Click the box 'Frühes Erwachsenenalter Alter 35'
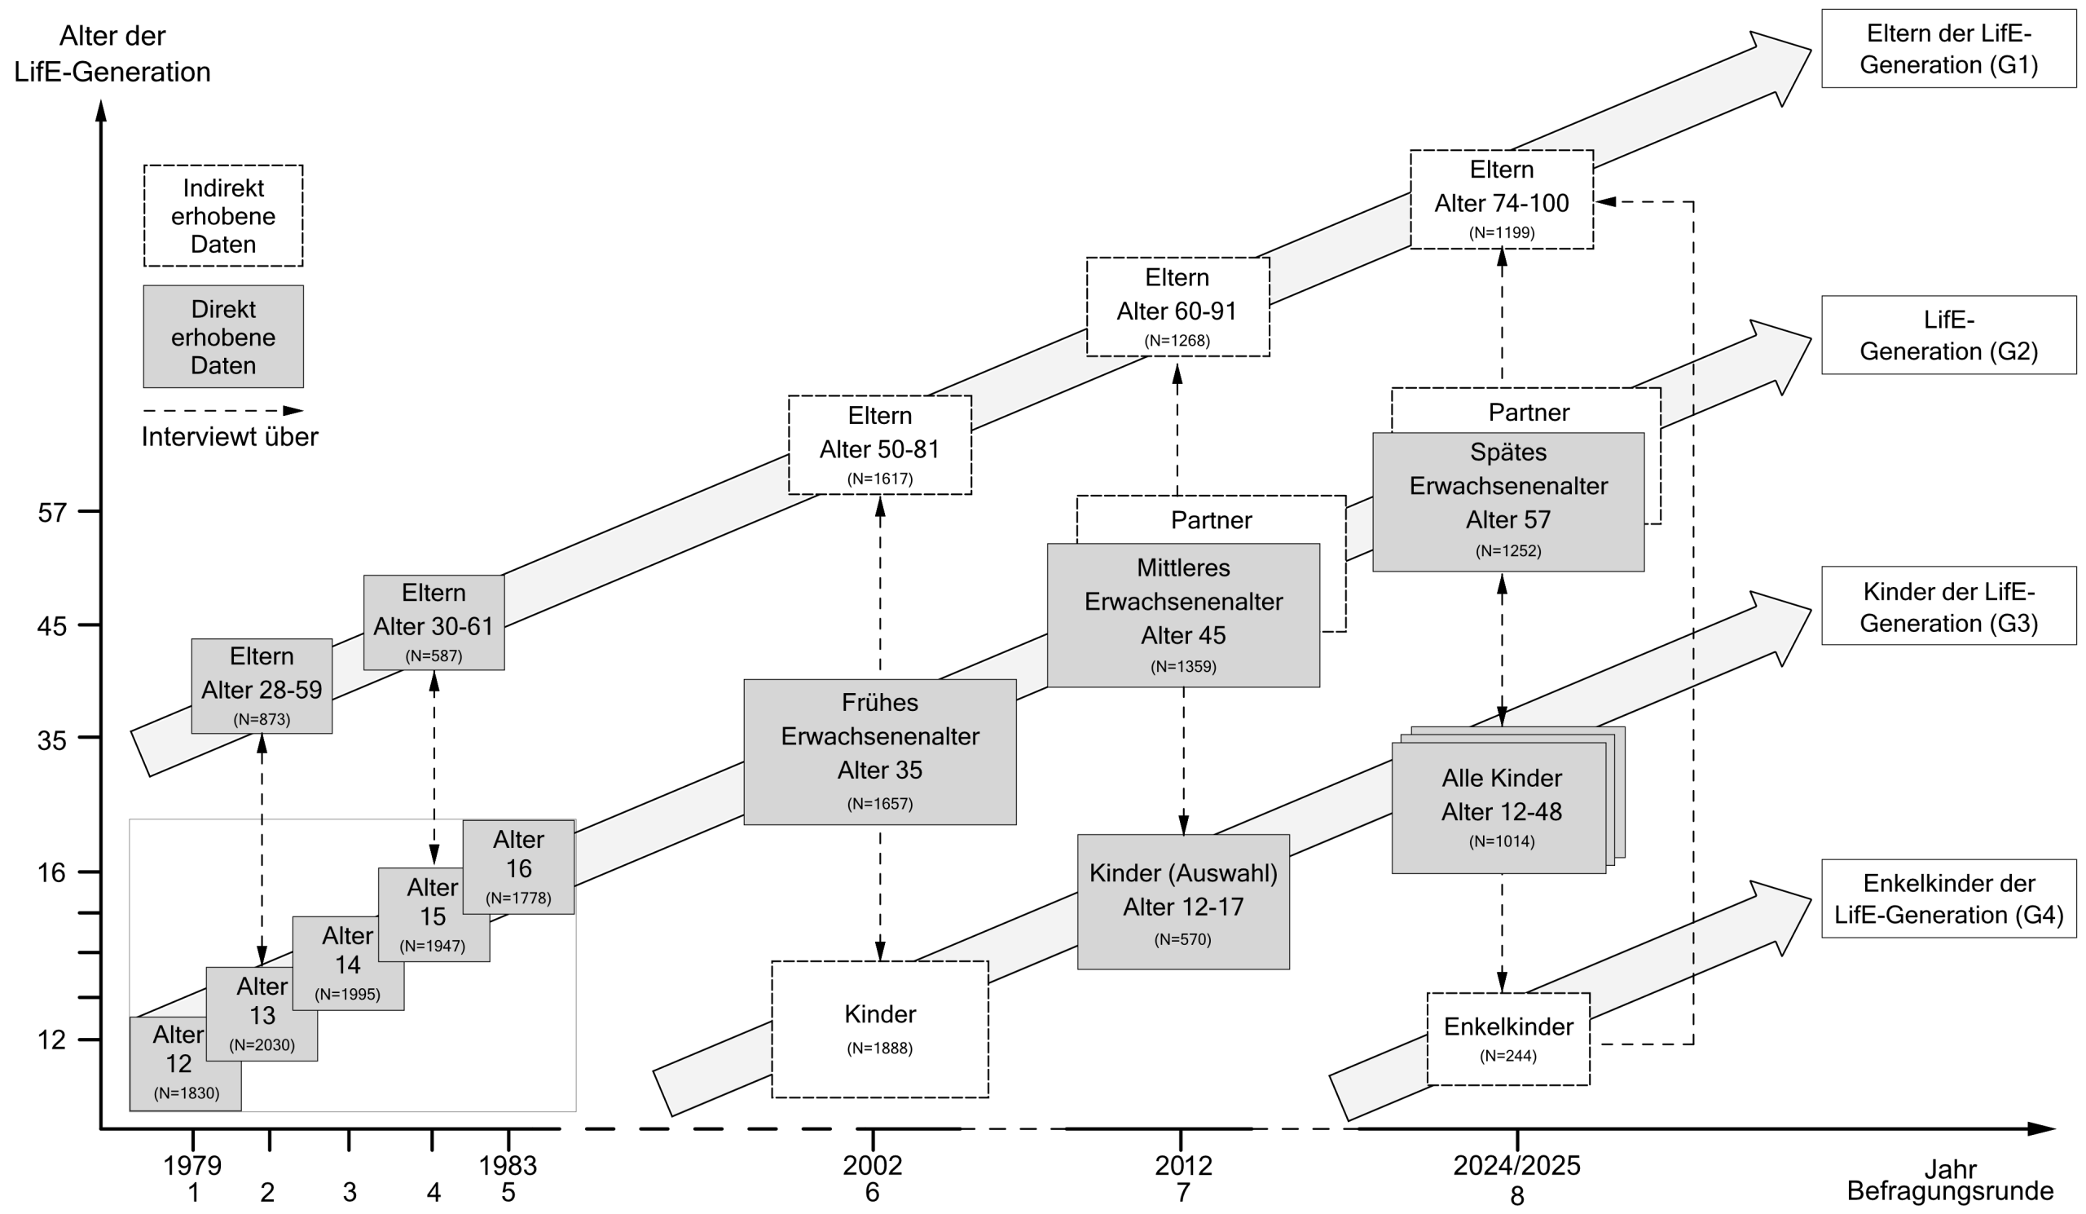(880, 752)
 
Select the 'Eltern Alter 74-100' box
(1502, 200)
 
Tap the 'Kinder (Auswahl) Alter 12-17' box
(1183, 902)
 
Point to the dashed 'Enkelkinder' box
(1508, 1039)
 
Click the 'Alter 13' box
(262, 1013)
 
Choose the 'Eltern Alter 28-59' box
(262, 686)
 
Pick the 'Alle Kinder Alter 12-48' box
(1498, 807)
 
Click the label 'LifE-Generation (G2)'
(1948, 335)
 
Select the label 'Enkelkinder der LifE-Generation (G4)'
(1948, 898)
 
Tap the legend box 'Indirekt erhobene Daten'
(223, 215)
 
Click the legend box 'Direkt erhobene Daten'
(223, 337)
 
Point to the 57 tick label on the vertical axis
(51, 513)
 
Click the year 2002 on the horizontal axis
(873, 1165)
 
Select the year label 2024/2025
(1516, 1165)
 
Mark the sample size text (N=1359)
(1183, 666)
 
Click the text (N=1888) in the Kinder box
(880, 1048)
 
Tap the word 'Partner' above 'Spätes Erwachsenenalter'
(1529, 412)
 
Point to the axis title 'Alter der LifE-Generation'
(112, 54)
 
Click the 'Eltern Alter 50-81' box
(880, 444)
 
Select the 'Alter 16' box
(518, 867)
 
